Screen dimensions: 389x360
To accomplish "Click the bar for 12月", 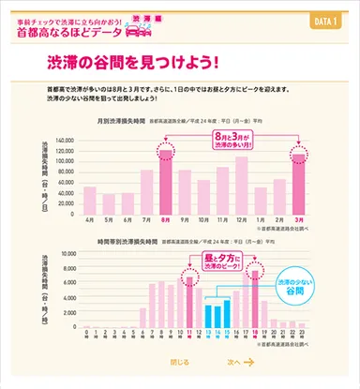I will (241, 185).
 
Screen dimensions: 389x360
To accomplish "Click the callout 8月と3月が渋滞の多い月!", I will (232, 141).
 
